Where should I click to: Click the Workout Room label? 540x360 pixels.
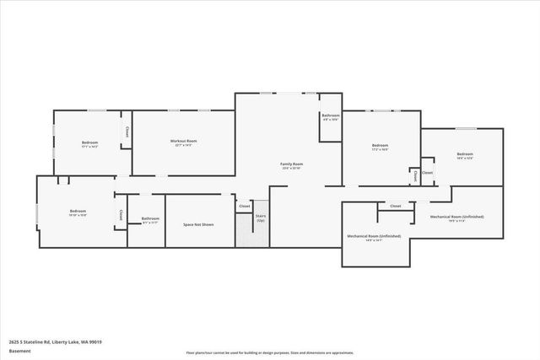(183, 142)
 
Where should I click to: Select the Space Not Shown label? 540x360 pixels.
(198, 224)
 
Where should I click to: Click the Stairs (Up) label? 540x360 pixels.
(261, 218)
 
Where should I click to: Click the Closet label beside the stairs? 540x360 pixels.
(245, 206)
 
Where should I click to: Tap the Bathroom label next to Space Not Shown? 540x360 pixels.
(150, 220)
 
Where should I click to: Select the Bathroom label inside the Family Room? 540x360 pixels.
(331, 116)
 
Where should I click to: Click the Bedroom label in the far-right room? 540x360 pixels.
(465, 155)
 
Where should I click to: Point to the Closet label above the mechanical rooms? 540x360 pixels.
(395, 206)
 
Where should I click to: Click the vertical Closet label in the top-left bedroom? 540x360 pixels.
(127, 132)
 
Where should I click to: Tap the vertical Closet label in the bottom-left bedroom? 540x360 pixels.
(121, 215)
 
